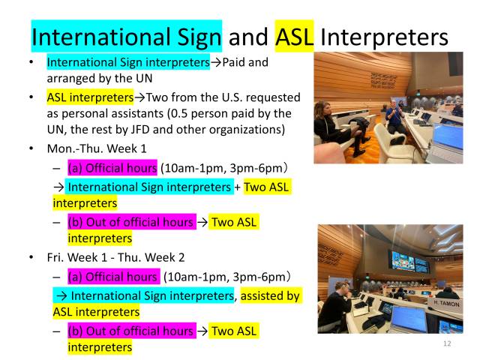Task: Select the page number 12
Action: pyautogui.click(x=448, y=343)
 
